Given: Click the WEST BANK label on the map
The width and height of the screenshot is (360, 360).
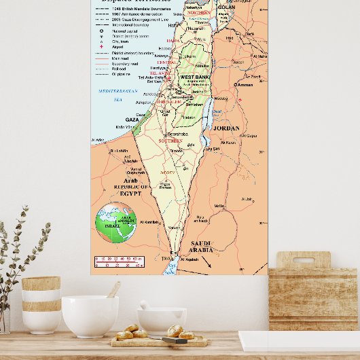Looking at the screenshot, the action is click(194, 77).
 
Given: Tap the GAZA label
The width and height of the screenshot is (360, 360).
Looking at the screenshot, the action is click(132, 119).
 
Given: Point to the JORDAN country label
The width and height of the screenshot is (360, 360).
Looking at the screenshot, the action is click(226, 128).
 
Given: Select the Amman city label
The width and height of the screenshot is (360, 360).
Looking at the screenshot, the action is click(244, 85).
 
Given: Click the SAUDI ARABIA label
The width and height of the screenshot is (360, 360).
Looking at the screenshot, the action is click(202, 246).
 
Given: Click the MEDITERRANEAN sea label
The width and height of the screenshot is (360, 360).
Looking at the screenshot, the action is click(118, 90).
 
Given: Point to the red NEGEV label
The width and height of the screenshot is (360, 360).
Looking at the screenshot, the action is click(167, 173).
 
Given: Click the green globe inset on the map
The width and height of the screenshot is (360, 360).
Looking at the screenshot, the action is click(115, 223).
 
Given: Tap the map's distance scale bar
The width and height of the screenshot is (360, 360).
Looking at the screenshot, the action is click(120, 262).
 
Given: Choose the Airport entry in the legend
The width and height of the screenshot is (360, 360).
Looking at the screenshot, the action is click(121, 47).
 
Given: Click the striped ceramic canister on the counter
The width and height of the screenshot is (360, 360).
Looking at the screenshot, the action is click(41, 304).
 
